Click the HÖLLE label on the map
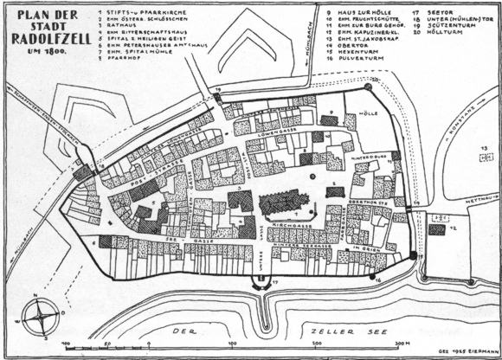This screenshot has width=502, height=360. [x=368, y=112]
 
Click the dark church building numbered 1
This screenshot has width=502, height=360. [x=280, y=204]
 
